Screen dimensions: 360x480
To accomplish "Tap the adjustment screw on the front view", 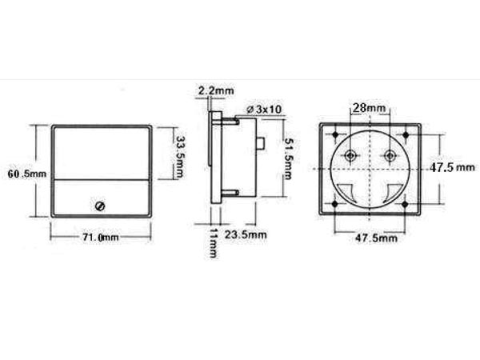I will tap(100, 206).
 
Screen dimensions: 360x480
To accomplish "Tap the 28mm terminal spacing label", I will tap(370, 107).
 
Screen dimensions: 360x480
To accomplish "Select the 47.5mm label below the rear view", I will tap(376, 238).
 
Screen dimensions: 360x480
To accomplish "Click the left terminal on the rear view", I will tap(350, 154).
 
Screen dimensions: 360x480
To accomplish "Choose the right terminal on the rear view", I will tap(390, 154).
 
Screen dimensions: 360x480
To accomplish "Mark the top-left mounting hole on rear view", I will tap(334, 134).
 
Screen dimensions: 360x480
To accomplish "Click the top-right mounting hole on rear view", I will tap(406, 134).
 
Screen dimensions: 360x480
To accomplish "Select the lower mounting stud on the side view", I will tap(230, 193).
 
